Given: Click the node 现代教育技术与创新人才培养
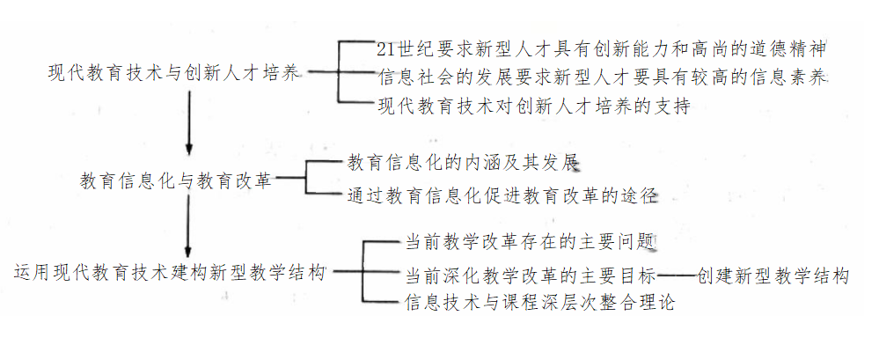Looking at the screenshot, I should (175, 74).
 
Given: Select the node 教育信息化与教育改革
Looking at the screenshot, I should (176, 182).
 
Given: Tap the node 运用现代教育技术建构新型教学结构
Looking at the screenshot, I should (171, 272).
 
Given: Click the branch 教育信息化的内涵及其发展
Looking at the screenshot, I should (463, 163).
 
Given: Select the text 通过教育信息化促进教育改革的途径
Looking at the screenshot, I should (502, 195).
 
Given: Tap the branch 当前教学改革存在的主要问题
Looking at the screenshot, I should (529, 240).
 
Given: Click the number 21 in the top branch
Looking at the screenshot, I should (384, 48).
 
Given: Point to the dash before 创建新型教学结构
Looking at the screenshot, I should (678, 276).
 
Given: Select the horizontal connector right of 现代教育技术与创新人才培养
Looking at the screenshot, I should (322, 74).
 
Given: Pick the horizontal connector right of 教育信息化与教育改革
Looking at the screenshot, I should (289, 182).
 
